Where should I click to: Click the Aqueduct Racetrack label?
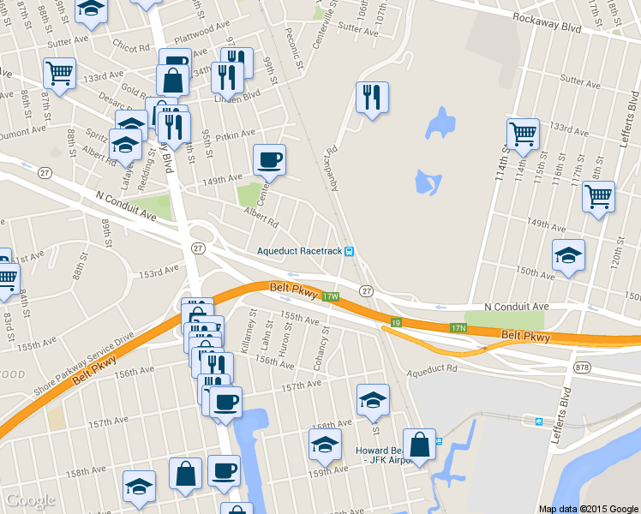(299, 251)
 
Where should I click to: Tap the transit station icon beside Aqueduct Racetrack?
(350, 251)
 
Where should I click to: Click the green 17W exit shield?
(332, 296)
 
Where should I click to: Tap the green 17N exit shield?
(458, 328)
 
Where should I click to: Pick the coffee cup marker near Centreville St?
(269, 159)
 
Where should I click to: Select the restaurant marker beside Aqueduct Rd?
(372, 97)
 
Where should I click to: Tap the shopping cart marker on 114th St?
(523, 134)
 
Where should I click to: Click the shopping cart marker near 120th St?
(598, 195)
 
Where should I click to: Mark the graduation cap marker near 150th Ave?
(568, 255)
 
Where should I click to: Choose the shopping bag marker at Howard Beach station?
(419, 445)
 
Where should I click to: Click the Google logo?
(31, 500)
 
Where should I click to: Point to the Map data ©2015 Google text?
(589, 508)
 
